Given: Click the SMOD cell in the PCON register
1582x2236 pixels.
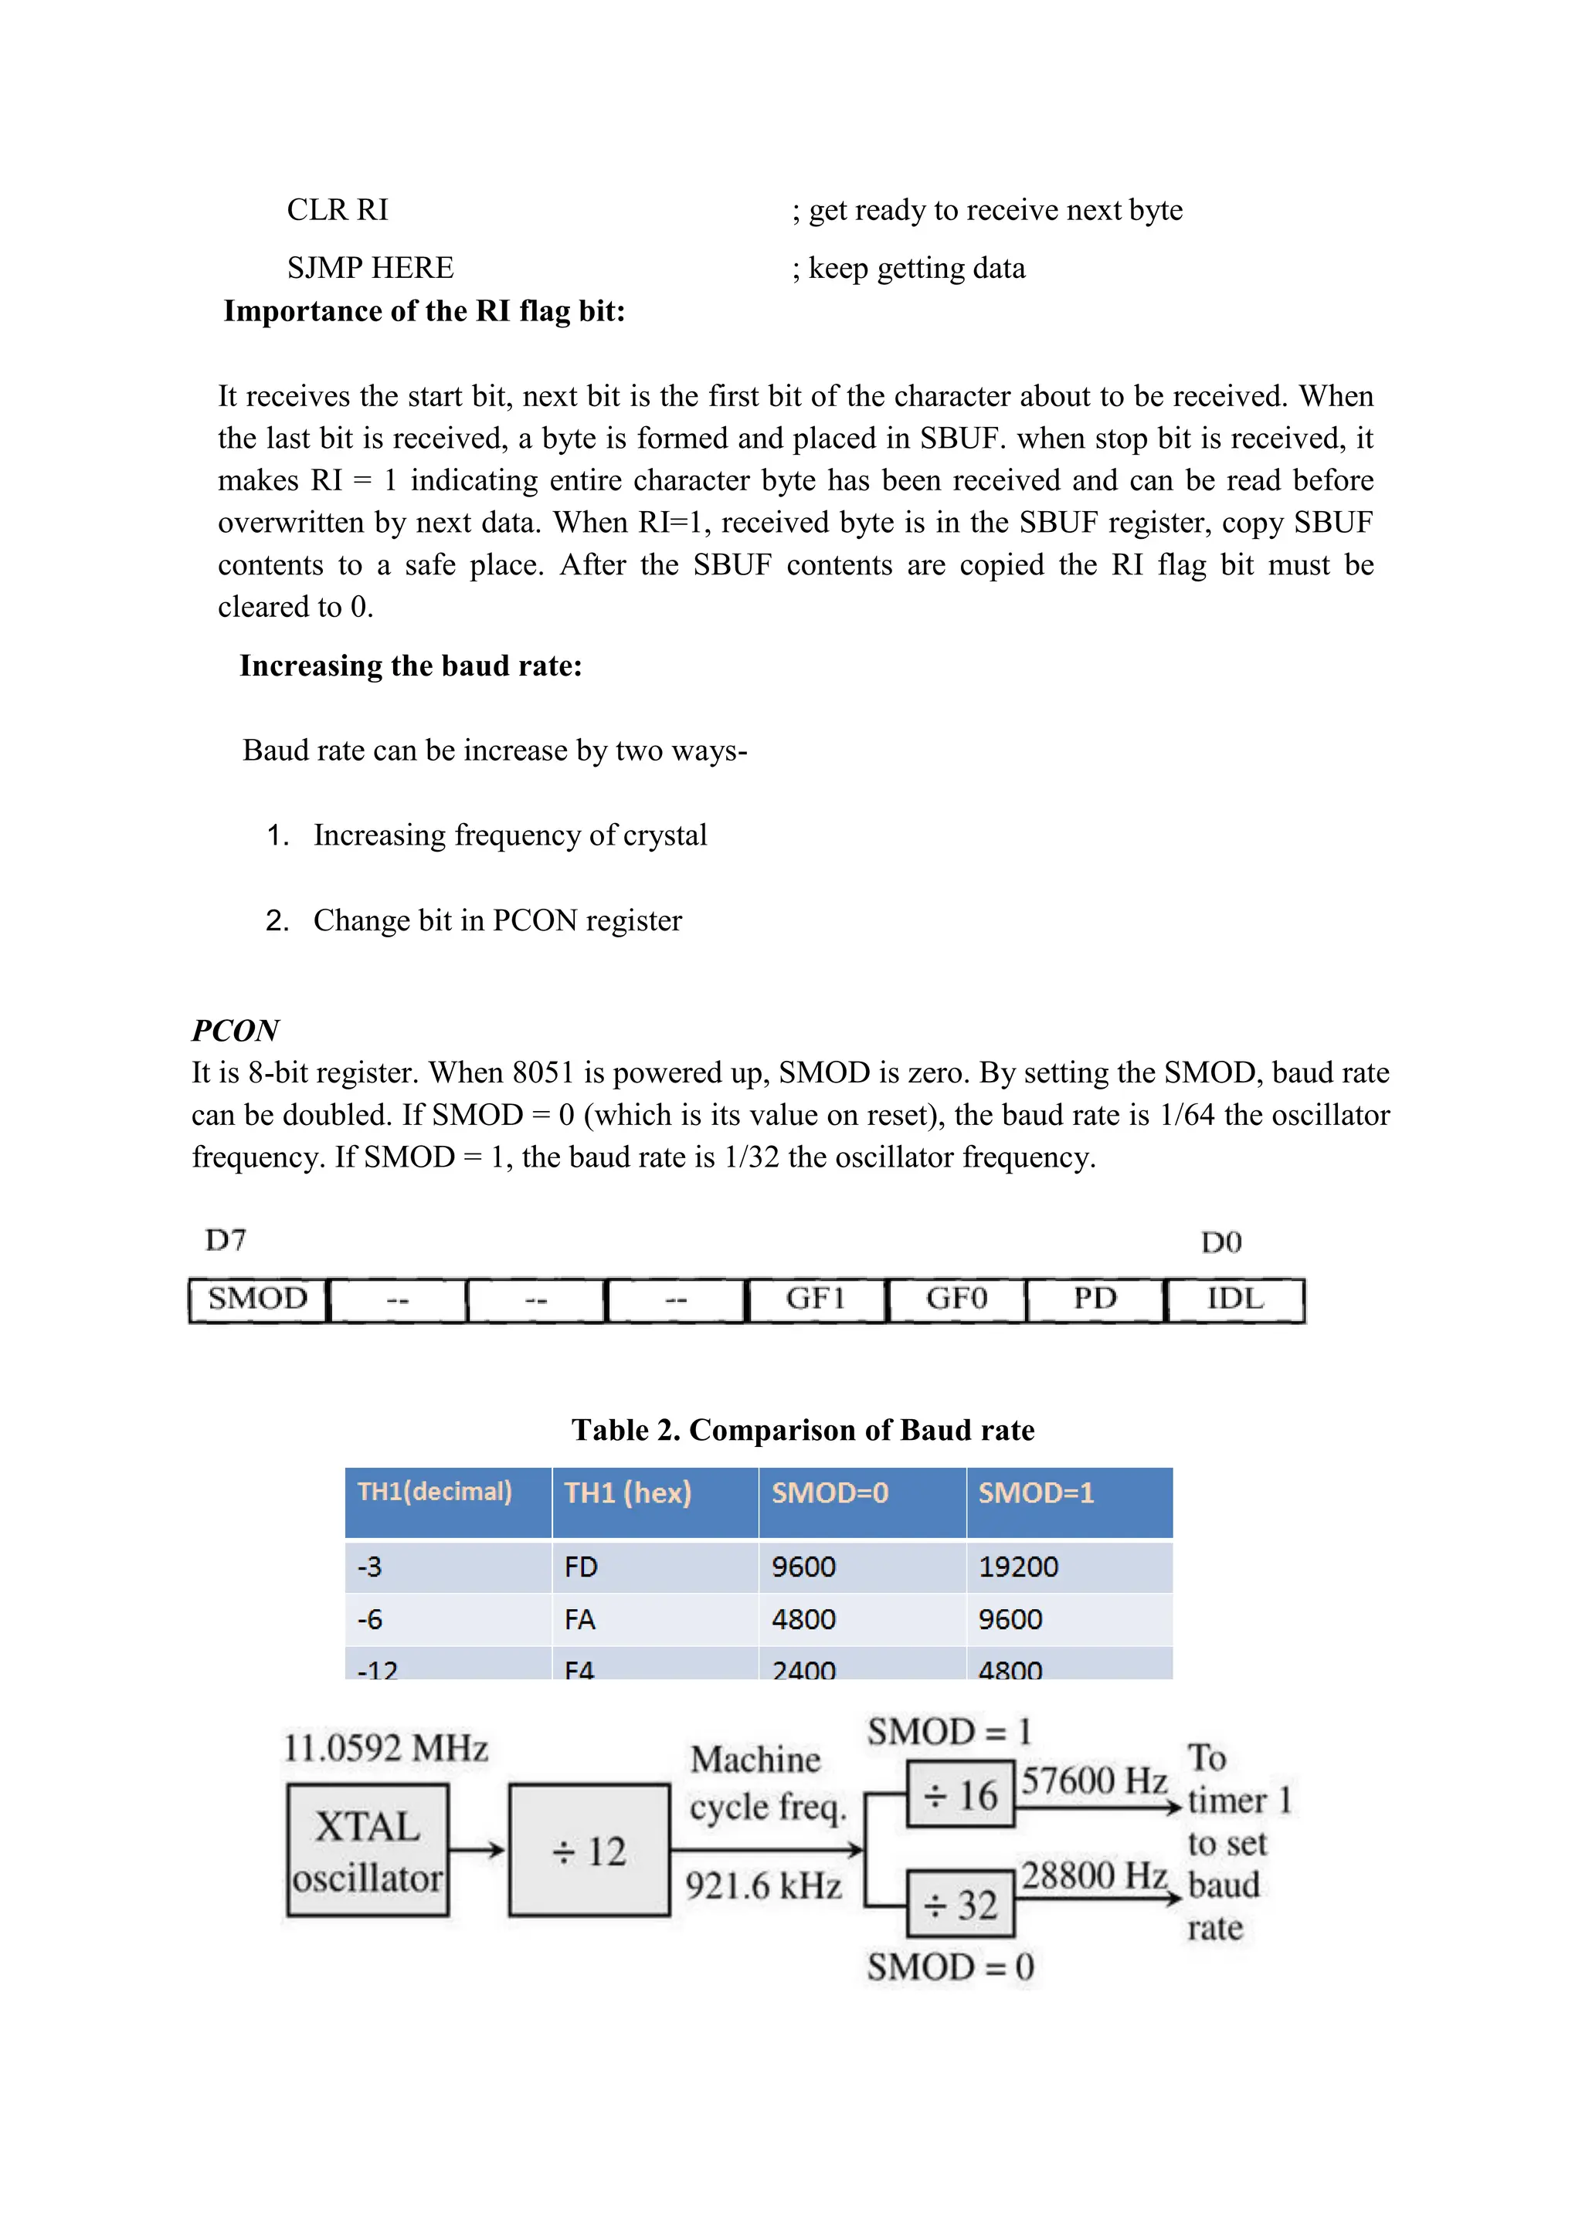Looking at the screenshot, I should point(258,1299).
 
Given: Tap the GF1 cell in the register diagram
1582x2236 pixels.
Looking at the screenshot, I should point(816,1299).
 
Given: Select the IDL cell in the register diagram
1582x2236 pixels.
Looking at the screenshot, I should point(1234,1299).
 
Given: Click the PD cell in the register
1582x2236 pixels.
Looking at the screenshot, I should point(1095,1299).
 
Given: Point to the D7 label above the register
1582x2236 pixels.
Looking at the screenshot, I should point(225,1240).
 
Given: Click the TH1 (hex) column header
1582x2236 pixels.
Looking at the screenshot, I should point(628,1493).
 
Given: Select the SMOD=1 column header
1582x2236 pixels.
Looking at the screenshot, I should point(1037,1493).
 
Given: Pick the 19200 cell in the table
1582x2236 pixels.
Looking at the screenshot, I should point(1018,1567).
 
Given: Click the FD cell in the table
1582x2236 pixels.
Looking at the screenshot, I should point(581,1567).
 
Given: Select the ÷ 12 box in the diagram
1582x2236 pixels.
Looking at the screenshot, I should point(589,1851).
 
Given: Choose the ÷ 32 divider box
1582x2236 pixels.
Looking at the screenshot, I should point(960,1904).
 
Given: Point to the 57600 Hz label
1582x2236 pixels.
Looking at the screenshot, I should point(1093,1781).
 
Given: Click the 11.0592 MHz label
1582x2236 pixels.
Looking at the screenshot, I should point(385,1748).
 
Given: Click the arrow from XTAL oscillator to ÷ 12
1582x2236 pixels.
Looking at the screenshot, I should point(477,1849).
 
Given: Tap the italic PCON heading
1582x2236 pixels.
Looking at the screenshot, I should point(235,1029).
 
